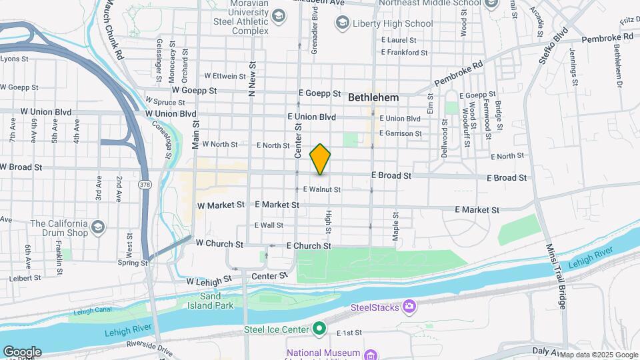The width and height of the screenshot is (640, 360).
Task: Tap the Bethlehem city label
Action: (373, 97)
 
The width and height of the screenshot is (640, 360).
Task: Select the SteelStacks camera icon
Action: (409, 307)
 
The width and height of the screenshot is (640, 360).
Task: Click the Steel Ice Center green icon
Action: (319, 329)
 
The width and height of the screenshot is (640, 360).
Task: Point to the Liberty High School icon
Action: (343, 24)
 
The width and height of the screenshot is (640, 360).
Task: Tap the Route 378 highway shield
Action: (144, 183)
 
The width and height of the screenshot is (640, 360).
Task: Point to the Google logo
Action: (21, 352)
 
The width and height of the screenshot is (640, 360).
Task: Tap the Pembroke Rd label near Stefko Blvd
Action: (607, 39)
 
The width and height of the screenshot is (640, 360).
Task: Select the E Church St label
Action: (309, 246)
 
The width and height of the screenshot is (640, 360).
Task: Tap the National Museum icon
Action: (371, 353)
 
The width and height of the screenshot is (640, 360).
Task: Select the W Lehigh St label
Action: (209, 281)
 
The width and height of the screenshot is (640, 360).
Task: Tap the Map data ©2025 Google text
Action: (594, 355)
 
